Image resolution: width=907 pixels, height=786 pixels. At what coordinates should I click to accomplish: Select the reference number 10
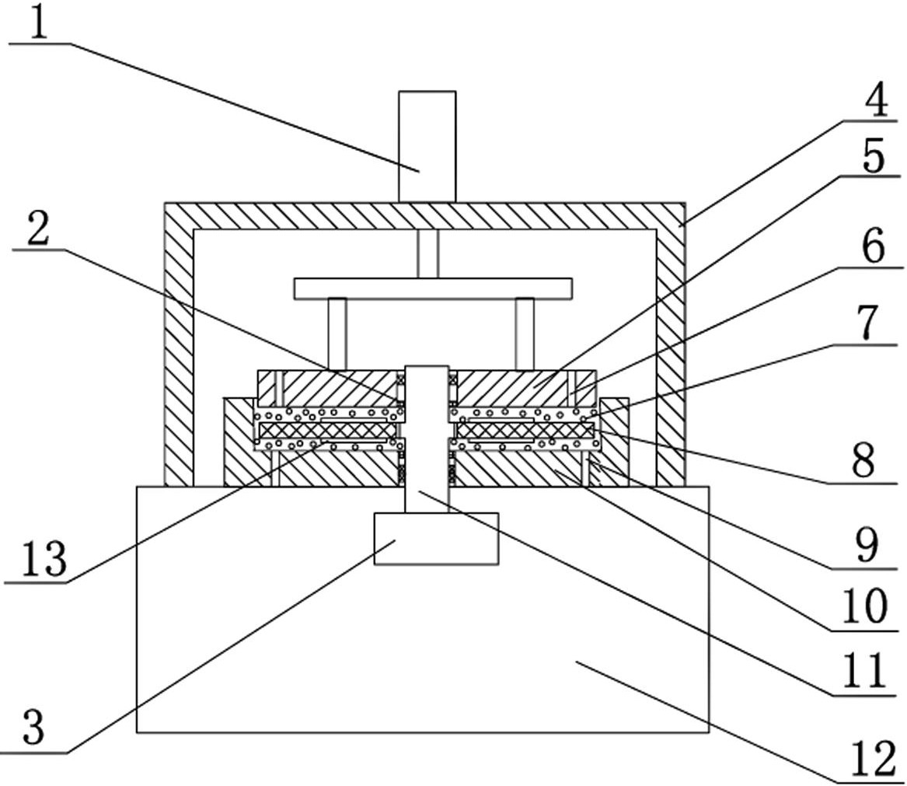(863, 605)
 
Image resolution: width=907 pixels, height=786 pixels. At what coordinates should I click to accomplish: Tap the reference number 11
(863, 670)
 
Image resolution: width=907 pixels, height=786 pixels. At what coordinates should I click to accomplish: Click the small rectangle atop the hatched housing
(427, 145)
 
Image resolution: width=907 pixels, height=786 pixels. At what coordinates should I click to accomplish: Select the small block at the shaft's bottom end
(435, 538)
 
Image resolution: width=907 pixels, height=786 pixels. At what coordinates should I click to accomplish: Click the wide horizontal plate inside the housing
(433, 288)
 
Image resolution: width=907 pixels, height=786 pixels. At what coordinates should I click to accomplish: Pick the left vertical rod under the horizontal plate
(337, 333)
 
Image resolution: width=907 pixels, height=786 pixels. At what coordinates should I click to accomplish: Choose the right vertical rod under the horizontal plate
(525, 333)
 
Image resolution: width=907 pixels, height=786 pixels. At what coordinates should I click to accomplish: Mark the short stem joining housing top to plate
(427, 254)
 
